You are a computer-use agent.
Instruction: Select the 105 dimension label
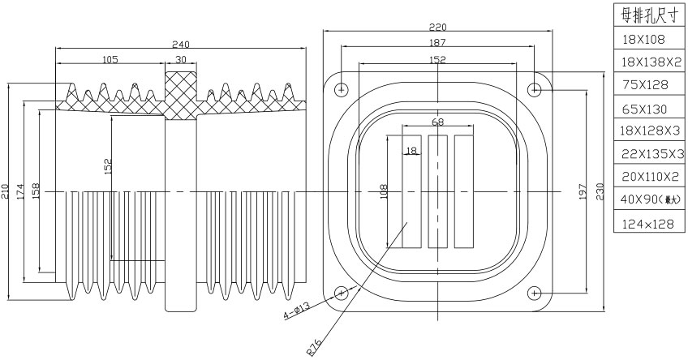click(x=111, y=60)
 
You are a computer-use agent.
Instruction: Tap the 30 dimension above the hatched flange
click(x=180, y=60)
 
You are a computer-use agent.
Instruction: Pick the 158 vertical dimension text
click(x=36, y=193)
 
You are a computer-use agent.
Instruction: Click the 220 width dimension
click(x=437, y=27)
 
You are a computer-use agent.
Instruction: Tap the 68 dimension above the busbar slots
click(x=437, y=122)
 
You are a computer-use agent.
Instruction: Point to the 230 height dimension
click(x=601, y=191)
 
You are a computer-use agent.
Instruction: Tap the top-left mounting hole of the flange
click(x=342, y=88)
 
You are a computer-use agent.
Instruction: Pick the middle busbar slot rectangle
click(x=437, y=191)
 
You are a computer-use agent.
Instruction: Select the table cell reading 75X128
click(x=649, y=84)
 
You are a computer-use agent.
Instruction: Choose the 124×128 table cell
click(x=649, y=221)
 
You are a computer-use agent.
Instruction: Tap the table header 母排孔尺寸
click(x=649, y=15)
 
